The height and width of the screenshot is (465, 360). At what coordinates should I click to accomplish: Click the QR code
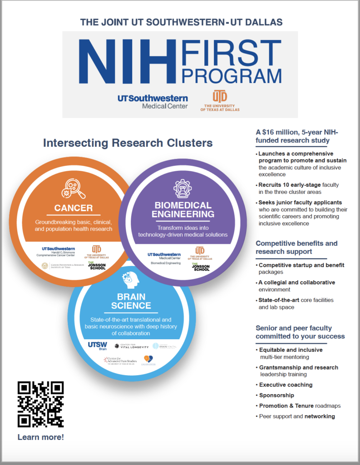pyautogui.click(x=40, y=404)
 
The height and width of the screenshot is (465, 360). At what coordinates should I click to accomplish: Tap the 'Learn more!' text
pyautogui.click(x=41, y=437)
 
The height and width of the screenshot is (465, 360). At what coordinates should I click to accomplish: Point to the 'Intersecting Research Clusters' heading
pyautogui.click(x=128, y=143)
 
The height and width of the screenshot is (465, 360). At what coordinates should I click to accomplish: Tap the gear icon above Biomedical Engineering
pyautogui.click(x=182, y=188)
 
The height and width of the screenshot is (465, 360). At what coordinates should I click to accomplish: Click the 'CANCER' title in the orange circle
pyautogui.click(x=74, y=208)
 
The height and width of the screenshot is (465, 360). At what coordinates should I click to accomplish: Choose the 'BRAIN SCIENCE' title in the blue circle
pyautogui.click(x=128, y=301)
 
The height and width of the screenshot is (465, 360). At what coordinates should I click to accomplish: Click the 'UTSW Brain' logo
pyautogui.click(x=97, y=347)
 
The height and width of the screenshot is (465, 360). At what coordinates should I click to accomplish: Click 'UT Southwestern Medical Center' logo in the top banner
pyautogui.click(x=153, y=102)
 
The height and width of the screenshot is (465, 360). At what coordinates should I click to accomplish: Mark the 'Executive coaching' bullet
pyautogui.click(x=286, y=385)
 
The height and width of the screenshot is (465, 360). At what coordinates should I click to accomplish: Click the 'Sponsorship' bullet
pyautogui.click(x=276, y=395)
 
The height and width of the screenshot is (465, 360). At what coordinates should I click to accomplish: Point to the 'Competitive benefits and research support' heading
pyautogui.click(x=297, y=247)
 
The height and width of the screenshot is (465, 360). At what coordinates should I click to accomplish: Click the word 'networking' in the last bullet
pyautogui.click(x=320, y=416)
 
